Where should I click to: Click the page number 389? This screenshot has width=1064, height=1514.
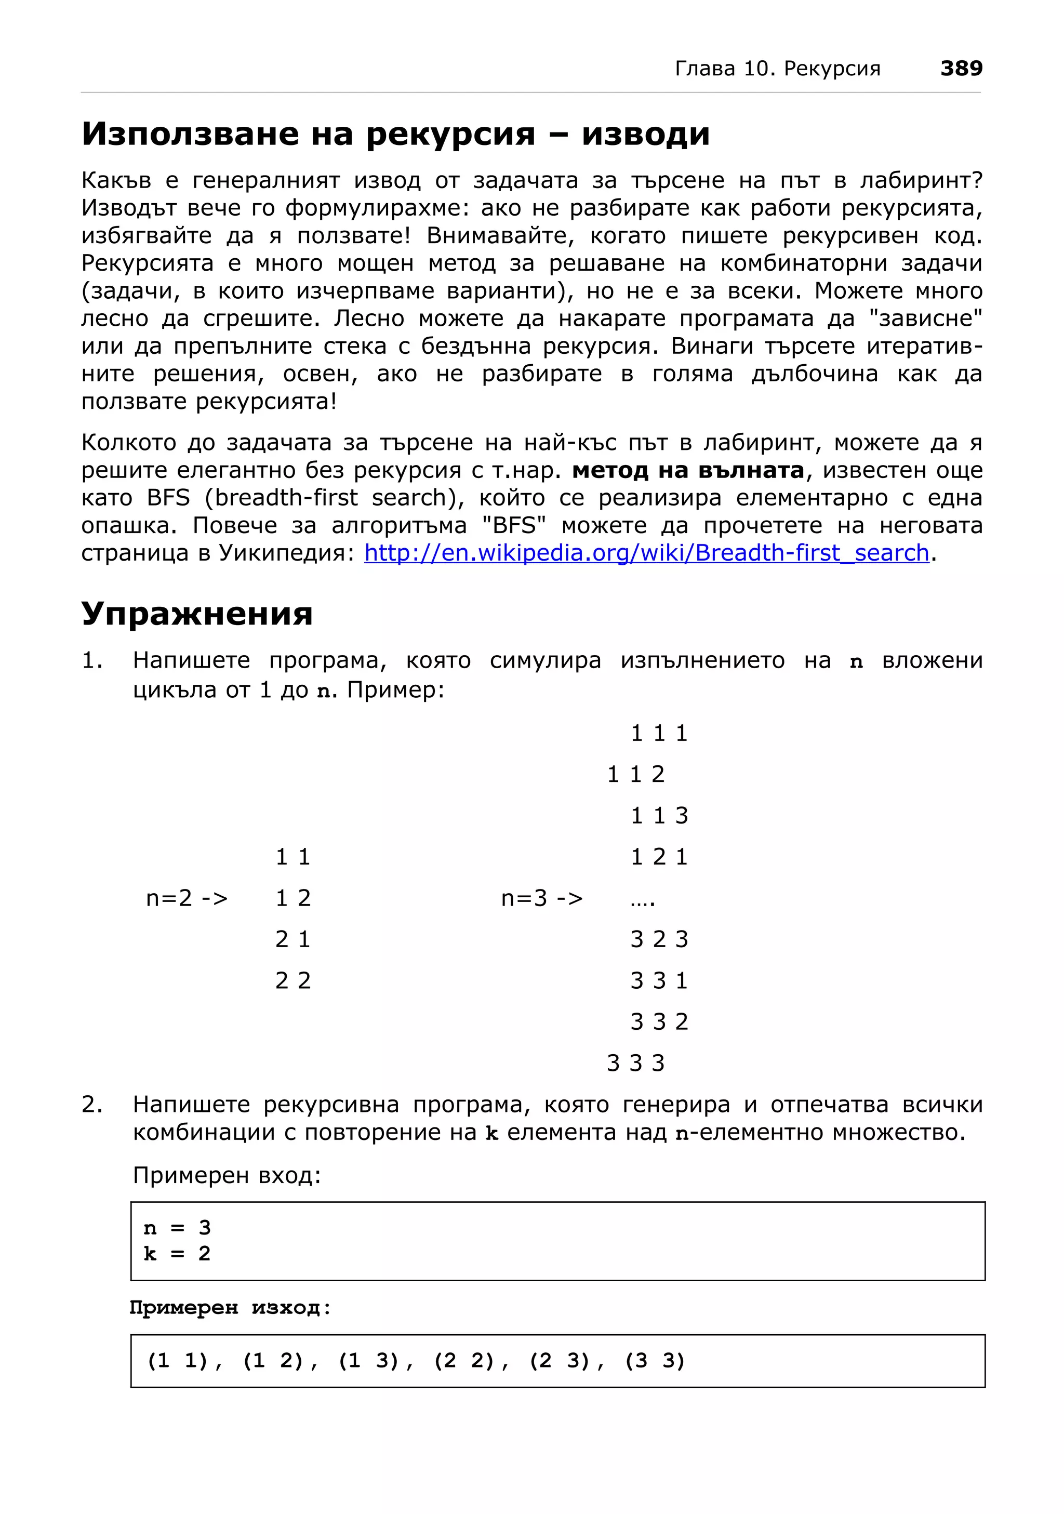(x=961, y=68)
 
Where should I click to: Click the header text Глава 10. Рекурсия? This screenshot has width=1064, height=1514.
(x=777, y=69)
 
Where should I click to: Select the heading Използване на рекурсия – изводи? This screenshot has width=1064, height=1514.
(x=395, y=134)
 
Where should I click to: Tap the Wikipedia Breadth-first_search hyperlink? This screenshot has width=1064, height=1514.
(x=646, y=553)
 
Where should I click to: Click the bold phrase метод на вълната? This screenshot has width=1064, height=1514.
(x=687, y=470)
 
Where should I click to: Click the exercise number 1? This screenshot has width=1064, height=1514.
(x=91, y=660)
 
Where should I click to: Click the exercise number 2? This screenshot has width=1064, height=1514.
(x=91, y=1104)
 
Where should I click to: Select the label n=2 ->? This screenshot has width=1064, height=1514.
(x=187, y=898)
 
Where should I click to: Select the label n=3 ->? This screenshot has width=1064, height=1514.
(x=541, y=898)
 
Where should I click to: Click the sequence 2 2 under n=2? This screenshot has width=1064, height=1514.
(x=292, y=980)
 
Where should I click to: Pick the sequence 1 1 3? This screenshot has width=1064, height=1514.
(x=659, y=816)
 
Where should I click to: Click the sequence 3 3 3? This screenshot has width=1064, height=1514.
(x=635, y=1063)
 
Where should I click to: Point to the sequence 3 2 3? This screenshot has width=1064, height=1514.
(x=659, y=939)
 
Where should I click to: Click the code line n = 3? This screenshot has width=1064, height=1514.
(x=177, y=1228)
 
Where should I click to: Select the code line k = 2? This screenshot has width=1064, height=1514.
(x=177, y=1253)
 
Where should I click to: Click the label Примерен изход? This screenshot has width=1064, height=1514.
(x=230, y=1308)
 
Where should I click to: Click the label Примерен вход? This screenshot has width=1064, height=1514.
(x=227, y=1175)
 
